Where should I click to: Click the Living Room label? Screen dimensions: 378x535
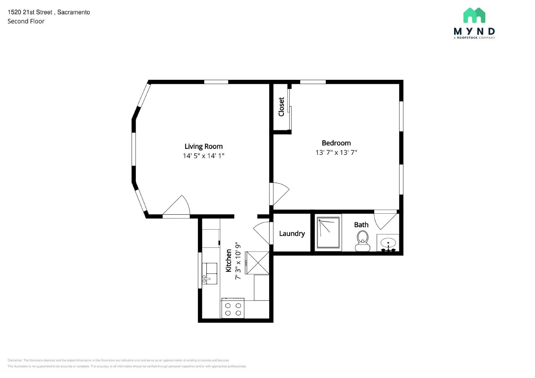pyautogui.click(x=203, y=146)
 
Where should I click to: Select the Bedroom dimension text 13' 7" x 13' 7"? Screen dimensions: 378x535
pyautogui.click(x=336, y=153)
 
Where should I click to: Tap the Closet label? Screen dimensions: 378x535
pyautogui.click(x=281, y=107)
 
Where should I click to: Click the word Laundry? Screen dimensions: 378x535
pyautogui.click(x=292, y=233)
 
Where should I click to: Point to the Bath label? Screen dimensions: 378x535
pyautogui.click(x=361, y=225)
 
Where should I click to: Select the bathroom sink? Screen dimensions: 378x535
pyautogui.click(x=388, y=243)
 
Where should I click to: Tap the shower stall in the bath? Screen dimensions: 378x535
pyautogui.click(x=329, y=232)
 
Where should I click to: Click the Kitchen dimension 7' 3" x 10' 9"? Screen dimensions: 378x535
pyautogui.click(x=238, y=261)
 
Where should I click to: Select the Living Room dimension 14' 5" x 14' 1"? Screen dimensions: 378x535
pyautogui.click(x=203, y=156)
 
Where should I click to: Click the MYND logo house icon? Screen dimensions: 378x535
pyautogui.click(x=474, y=15)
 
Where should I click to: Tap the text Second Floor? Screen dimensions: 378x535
pyautogui.click(x=26, y=21)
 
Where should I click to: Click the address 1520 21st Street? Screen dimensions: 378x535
pyautogui.click(x=30, y=12)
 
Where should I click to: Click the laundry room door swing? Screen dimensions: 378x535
pyautogui.click(x=262, y=232)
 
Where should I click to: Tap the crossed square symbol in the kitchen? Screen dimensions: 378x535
pyautogui.click(x=257, y=263)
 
